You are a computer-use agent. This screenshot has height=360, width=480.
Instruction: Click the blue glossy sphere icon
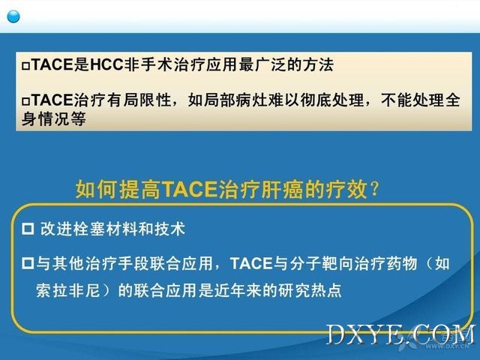tap(13, 16)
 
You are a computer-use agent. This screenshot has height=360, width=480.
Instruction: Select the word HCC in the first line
tap(106, 64)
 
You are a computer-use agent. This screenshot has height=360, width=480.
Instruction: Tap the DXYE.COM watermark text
tap(401, 335)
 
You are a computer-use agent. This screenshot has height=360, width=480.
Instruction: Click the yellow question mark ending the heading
tap(374, 189)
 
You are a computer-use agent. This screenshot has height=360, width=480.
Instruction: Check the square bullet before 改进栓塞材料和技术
tap(28, 229)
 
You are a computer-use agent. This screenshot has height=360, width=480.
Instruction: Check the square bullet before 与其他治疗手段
tap(28, 263)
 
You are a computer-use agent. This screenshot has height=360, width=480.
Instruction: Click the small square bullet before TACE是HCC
tap(25, 66)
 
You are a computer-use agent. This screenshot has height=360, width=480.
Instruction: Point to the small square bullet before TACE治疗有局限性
tap(25, 101)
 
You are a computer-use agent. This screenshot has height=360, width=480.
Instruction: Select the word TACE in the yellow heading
tap(190, 190)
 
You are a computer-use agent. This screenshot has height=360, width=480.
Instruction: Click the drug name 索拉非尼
tap(68, 290)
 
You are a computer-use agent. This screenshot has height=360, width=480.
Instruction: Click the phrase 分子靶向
tap(322, 263)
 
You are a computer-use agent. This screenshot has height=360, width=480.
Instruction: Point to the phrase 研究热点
tap(310, 290)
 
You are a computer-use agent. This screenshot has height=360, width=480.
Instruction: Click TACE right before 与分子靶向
tap(251, 263)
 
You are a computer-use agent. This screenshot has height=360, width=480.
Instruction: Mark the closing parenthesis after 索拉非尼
tap(106, 290)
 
